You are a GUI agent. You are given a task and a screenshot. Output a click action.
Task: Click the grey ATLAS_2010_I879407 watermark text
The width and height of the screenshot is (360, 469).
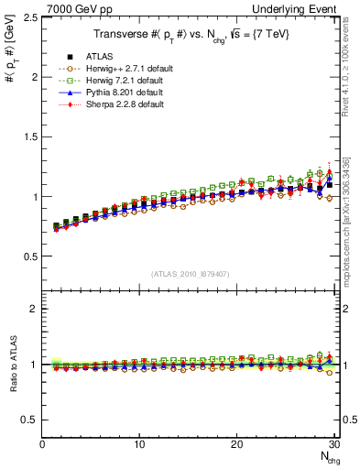tap(191, 273)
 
